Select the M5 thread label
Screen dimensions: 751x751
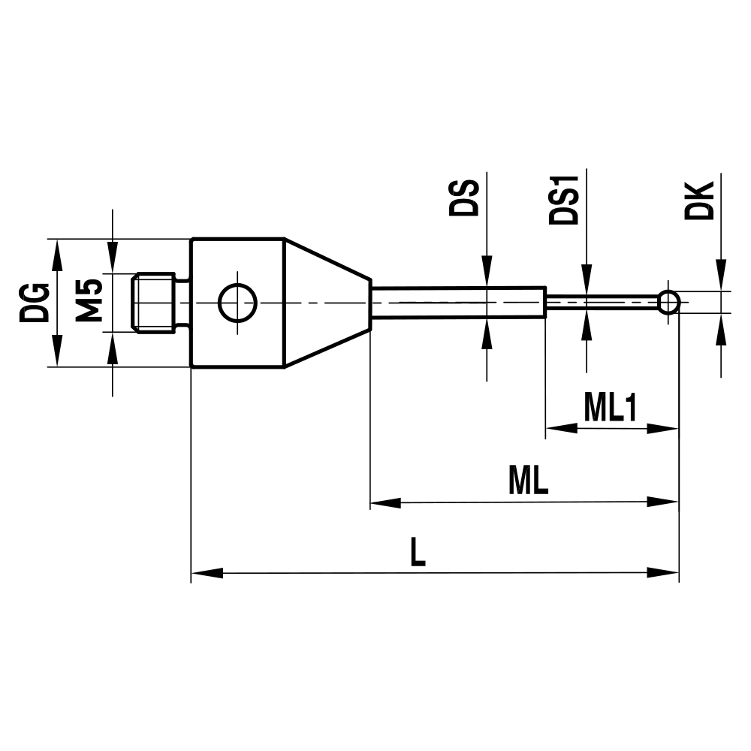(89, 300)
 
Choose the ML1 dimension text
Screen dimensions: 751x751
(610, 409)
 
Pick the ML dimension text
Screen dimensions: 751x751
(528, 481)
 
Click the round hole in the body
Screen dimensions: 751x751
(237, 303)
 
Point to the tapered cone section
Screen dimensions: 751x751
(326, 303)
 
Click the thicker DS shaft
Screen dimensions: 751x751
(458, 303)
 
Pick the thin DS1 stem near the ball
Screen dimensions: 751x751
(601, 303)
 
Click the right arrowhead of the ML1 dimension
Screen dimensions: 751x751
(664, 428)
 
